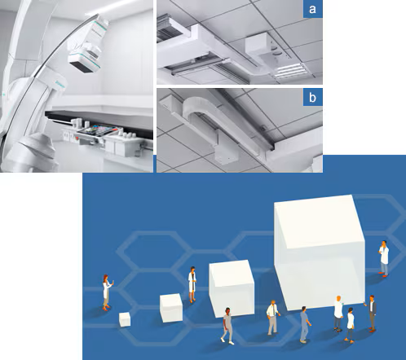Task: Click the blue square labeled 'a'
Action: tap(313, 9)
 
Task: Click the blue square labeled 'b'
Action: tap(313, 97)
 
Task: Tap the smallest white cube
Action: tap(125, 319)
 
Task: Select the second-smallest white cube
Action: tap(171, 308)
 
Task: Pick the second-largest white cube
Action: tap(232, 288)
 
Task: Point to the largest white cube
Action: tap(320, 252)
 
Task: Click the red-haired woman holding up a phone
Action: tap(107, 292)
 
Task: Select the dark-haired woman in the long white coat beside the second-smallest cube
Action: tap(192, 284)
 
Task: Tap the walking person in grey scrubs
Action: tap(227, 326)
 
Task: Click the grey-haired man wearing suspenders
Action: tap(273, 318)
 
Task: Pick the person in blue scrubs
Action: tap(305, 324)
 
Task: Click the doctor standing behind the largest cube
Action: tap(384, 258)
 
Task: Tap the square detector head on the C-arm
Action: tap(85, 62)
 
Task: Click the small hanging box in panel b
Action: tap(227, 156)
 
